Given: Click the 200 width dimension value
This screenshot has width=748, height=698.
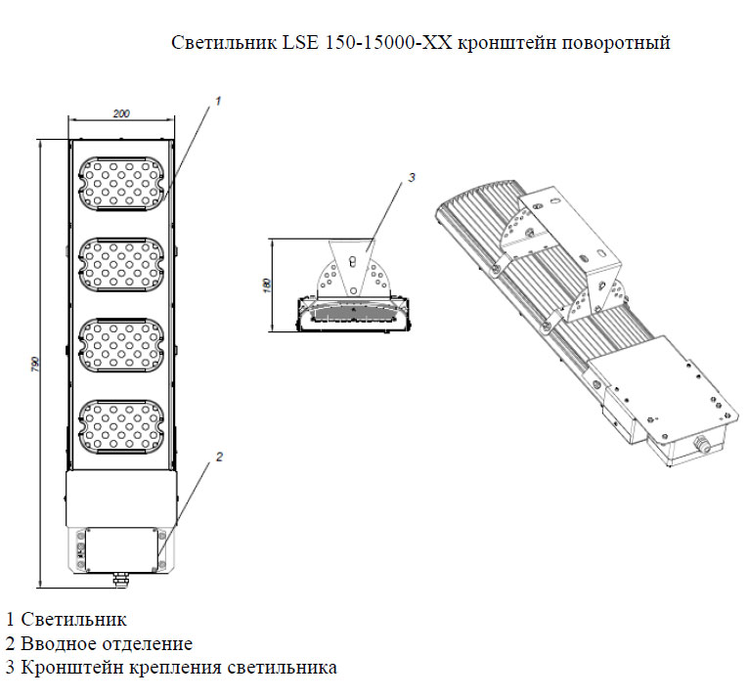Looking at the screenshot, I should click(x=122, y=114).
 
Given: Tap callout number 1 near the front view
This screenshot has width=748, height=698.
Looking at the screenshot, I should click(x=218, y=100).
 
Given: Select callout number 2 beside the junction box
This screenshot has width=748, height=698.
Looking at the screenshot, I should click(x=220, y=457).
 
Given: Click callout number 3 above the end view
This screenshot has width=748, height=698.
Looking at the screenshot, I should click(x=412, y=177).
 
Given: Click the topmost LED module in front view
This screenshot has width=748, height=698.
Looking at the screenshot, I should click(x=122, y=184).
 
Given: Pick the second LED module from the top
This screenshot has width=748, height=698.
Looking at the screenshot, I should click(x=122, y=264).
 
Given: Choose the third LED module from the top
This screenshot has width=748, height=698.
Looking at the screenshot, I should click(x=122, y=344).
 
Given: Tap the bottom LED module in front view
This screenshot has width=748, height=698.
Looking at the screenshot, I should click(x=122, y=423).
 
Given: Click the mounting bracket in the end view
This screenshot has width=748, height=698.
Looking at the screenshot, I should click(x=351, y=269).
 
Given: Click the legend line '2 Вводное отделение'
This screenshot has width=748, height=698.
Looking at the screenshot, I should click(x=99, y=643).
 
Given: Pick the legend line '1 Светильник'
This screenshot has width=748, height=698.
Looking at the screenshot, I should click(x=66, y=620).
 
